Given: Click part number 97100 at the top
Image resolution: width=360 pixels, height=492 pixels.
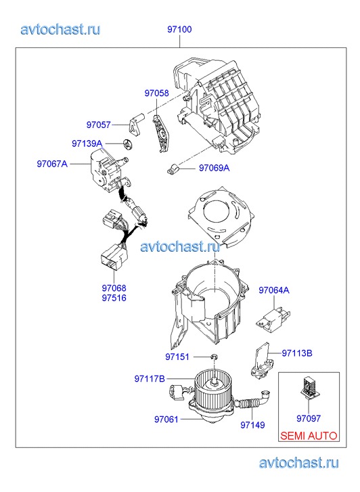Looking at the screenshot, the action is coord(179,30).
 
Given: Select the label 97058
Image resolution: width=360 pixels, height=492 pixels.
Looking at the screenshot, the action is coord(156,93).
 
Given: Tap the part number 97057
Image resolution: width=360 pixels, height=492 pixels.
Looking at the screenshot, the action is coord(99,125).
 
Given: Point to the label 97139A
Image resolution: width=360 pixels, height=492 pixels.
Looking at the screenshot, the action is coord(87,143).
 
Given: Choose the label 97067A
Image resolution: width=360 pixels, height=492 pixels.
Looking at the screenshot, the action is coord(52,164).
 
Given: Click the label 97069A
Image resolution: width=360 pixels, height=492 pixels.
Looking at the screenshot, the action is coord(215,169).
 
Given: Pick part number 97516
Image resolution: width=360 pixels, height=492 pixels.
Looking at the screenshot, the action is coord(114,298).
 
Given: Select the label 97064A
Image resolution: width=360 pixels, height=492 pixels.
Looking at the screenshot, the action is coord(274,290).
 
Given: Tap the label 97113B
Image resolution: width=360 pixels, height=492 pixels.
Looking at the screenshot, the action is coord(297,353).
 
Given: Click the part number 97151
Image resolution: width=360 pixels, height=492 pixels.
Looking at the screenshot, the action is coord(177,357).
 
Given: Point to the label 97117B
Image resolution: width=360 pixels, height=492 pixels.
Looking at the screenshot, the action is coord(150,379).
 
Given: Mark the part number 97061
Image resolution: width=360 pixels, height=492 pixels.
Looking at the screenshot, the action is coord(166,420).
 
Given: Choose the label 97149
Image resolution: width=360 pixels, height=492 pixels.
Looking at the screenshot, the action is coord(252,425).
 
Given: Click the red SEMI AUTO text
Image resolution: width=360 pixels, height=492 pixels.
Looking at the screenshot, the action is coord(309,436).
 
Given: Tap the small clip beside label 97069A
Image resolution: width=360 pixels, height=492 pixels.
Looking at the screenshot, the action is coord(173,169).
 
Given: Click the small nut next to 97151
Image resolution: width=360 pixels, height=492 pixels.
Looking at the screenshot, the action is coord(215,357).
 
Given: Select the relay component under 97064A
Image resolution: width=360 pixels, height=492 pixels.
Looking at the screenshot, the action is coord(273,319).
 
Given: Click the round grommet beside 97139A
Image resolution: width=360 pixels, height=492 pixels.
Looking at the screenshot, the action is coord(127,143).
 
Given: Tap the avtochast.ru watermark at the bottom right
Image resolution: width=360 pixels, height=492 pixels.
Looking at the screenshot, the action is coord(299,462).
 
